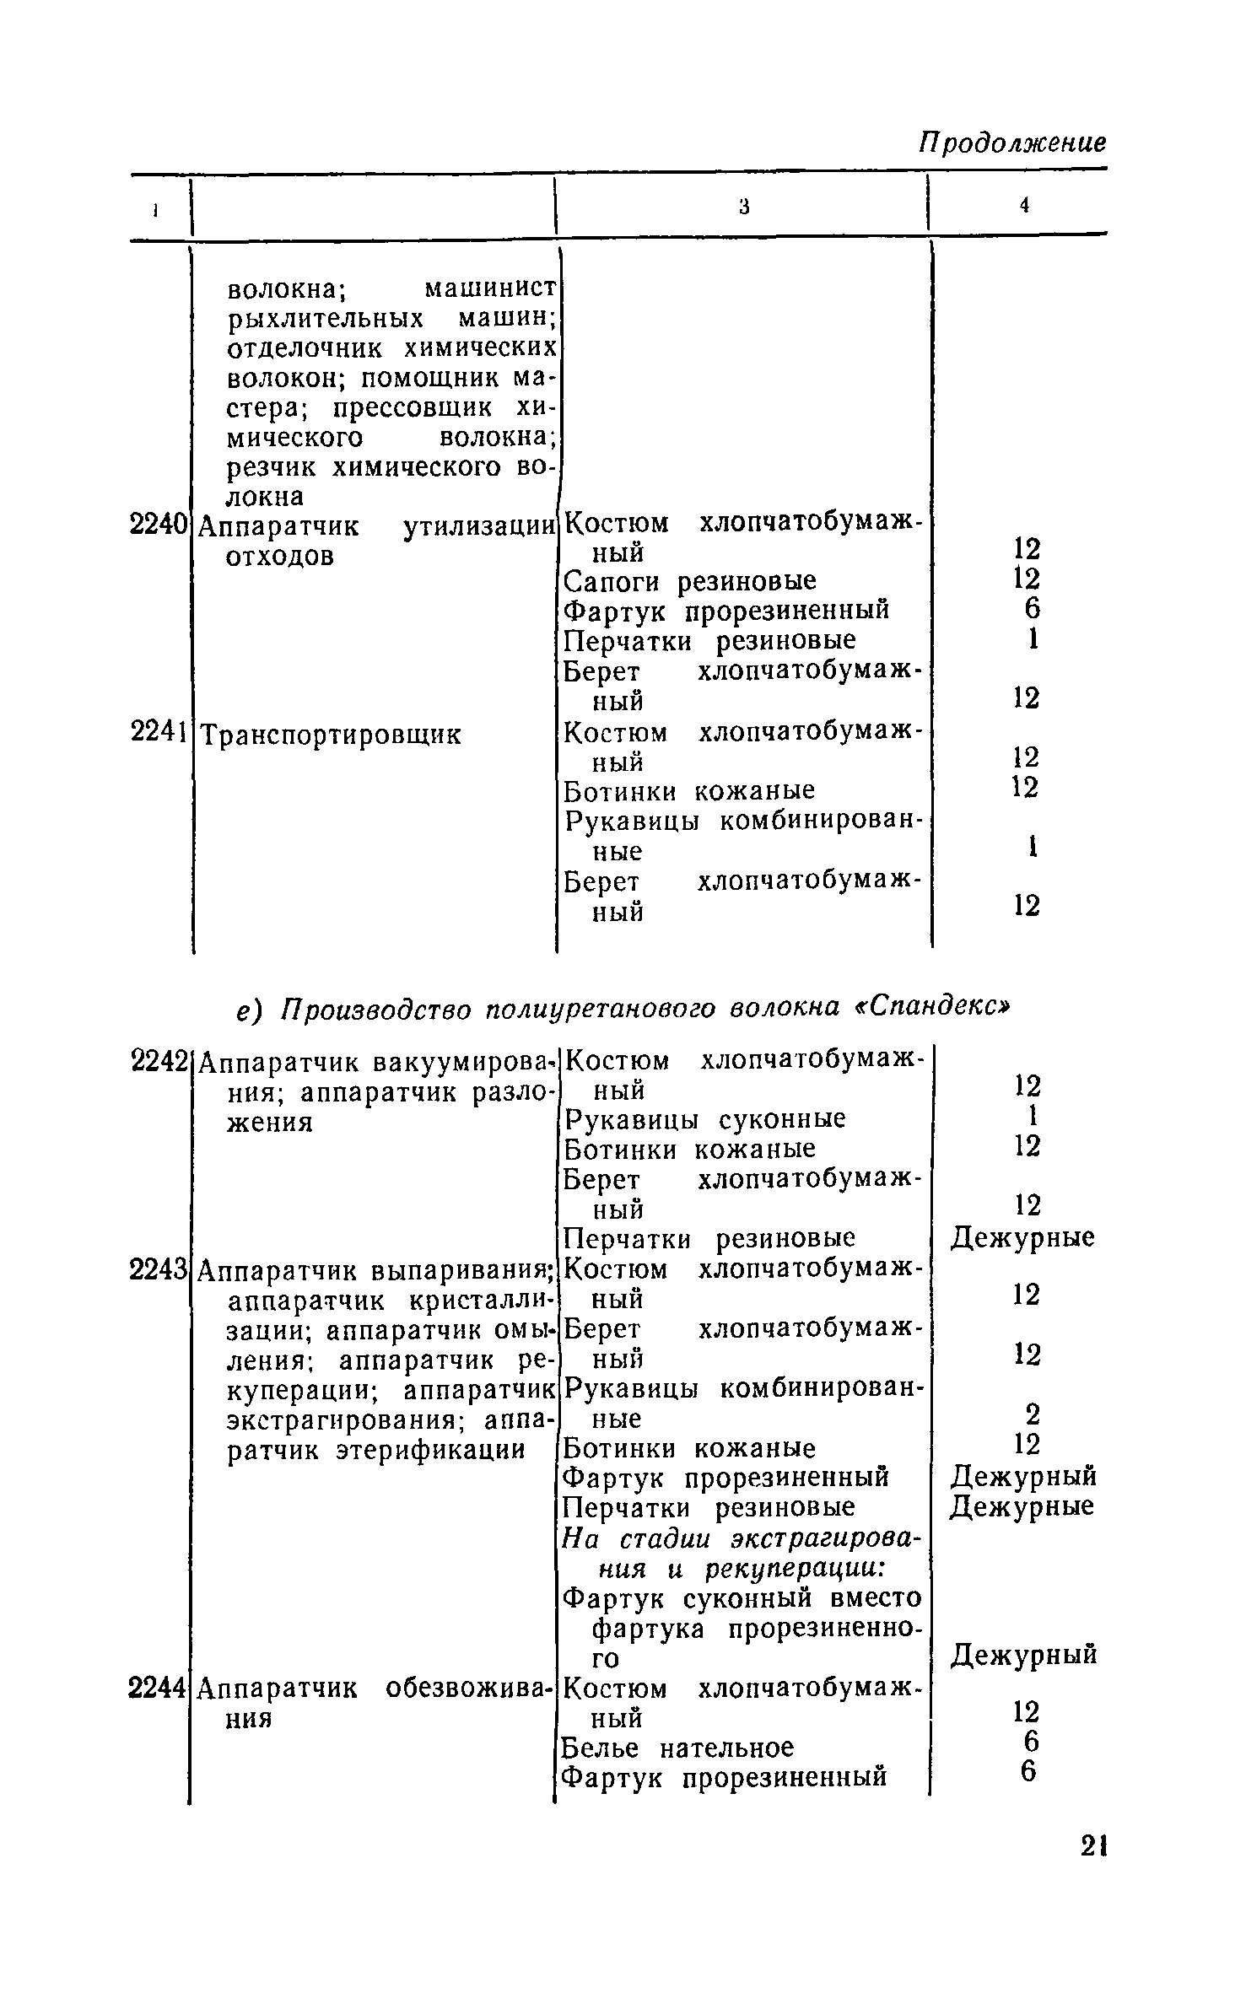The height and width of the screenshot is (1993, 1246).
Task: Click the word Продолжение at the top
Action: tap(1011, 143)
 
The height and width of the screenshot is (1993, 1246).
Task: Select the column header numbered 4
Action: tap(1023, 205)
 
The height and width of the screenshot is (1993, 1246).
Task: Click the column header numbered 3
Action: tap(743, 205)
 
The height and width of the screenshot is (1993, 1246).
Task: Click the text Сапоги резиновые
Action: tap(690, 581)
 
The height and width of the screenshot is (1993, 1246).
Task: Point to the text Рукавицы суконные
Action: tap(704, 1119)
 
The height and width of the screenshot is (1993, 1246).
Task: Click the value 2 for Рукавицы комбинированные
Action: tap(1026, 1412)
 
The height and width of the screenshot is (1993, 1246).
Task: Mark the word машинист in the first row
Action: tap(490, 289)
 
